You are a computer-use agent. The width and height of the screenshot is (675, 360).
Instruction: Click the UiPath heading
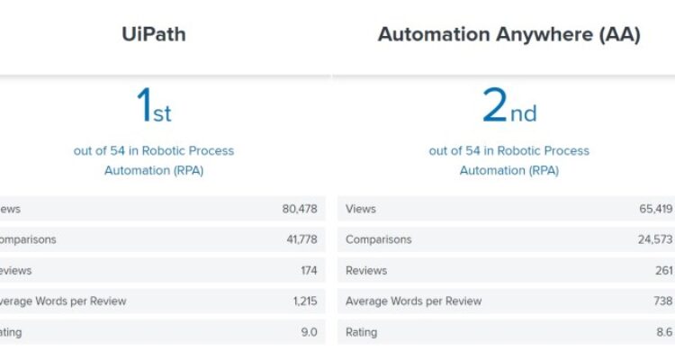[x=153, y=35]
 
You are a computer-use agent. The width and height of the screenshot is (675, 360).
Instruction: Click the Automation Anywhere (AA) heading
[x=508, y=35]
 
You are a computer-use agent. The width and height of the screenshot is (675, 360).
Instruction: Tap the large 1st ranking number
[x=153, y=106]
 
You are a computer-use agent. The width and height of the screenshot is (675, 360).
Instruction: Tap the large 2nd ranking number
[x=508, y=106]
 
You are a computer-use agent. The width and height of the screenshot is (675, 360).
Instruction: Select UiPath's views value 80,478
[x=299, y=209]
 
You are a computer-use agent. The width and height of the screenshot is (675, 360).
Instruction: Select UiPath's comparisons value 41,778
[x=299, y=239]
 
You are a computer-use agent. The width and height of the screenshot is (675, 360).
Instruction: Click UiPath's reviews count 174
[x=309, y=270]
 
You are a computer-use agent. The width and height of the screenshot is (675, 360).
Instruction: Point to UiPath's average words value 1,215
[x=305, y=301]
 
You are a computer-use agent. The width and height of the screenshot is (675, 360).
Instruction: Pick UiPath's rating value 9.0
[x=310, y=332]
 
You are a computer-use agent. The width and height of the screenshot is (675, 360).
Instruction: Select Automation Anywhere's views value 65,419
[x=656, y=209]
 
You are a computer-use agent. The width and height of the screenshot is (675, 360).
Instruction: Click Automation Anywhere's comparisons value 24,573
[x=656, y=239]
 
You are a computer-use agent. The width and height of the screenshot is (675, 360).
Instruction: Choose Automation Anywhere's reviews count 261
[x=664, y=270]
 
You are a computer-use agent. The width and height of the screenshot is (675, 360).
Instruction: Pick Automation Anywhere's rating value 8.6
[x=665, y=332]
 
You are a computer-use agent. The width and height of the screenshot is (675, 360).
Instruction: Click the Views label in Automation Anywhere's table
[x=361, y=209]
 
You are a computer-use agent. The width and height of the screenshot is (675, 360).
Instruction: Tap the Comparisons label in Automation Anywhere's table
[x=378, y=239]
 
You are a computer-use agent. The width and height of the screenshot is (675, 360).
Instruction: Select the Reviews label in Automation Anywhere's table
[x=366, y=270]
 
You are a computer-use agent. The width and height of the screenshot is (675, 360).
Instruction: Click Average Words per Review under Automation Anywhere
[x=413, y=301]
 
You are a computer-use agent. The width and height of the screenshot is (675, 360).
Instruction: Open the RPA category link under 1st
[x=153, y=160]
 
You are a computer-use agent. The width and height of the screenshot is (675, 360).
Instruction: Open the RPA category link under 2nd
[x=508, y=160]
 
